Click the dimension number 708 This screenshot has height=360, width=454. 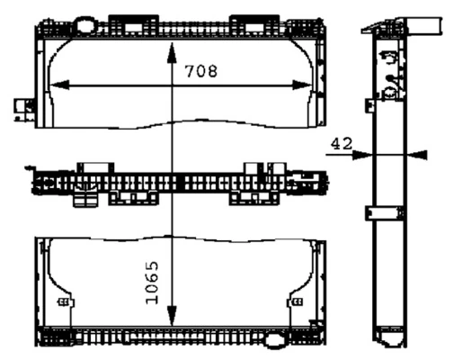200,71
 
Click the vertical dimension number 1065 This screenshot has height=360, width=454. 152,283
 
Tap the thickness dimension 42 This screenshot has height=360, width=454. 342,144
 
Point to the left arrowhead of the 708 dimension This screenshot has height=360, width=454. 59,85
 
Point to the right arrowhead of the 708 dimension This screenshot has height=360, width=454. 302,85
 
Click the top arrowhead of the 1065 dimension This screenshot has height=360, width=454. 172,53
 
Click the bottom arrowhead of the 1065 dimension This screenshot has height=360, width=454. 172,316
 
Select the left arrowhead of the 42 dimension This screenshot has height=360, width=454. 362,155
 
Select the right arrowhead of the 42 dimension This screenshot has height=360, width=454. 417,155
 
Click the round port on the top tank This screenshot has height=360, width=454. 86,25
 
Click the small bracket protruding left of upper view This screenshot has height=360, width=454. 24,110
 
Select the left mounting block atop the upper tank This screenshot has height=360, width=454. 134,25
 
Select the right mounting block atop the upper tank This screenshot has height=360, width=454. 254,25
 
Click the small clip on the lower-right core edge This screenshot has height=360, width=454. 298,301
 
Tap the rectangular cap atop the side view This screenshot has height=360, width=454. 423,25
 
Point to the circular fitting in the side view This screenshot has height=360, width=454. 390,93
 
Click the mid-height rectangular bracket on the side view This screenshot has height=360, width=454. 384,213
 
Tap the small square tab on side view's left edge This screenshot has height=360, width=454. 370,105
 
